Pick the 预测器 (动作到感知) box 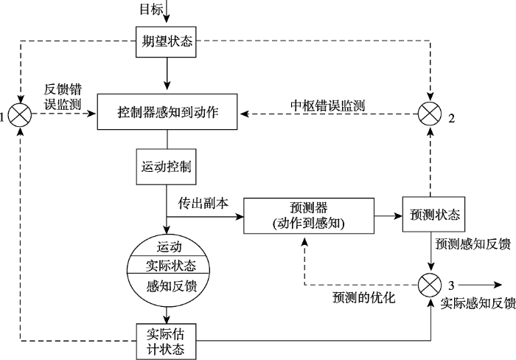(x=308, y=215)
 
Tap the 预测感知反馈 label (x=472, y=243)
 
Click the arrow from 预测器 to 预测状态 (x=388, y=215)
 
